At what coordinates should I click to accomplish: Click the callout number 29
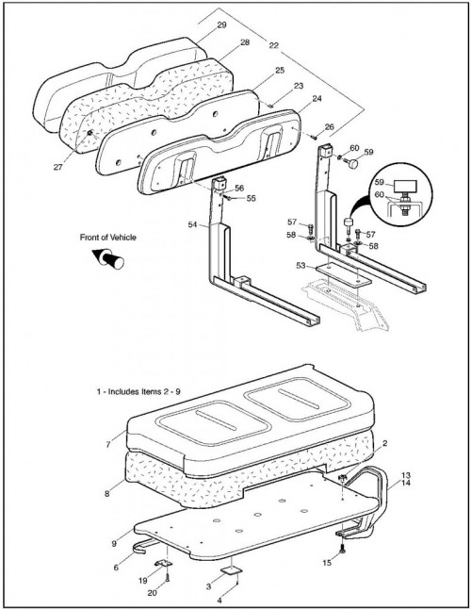pos(221,25)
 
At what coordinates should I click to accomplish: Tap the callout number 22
pos(273,45)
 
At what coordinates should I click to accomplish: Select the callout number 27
pos(58,167)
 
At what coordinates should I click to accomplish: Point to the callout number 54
pos(193,224)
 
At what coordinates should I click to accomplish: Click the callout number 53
pos(300,266)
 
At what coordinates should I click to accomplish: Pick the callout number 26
pos(329,126)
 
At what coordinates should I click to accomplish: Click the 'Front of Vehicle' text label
pos(107,237)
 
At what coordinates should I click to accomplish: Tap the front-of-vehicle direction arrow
pos(108,258)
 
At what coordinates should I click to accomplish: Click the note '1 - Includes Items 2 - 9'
pos(138,391)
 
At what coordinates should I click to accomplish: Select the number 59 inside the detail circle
pos(379,182)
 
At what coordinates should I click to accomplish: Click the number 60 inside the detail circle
pos(379,194)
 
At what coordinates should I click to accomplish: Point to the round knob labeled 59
pos(352,164)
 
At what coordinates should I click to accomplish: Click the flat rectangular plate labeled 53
pos(343,275)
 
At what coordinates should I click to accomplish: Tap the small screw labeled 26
pos(314,137)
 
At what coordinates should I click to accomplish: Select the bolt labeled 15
pos(342,550)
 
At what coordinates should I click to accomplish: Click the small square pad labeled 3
pos(231,569)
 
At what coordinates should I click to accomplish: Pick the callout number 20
pos(152,593)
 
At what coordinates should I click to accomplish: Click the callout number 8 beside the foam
pos(107,494)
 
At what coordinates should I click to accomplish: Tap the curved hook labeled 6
pos(145,545)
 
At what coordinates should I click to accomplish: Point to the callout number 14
pos(405,483)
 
